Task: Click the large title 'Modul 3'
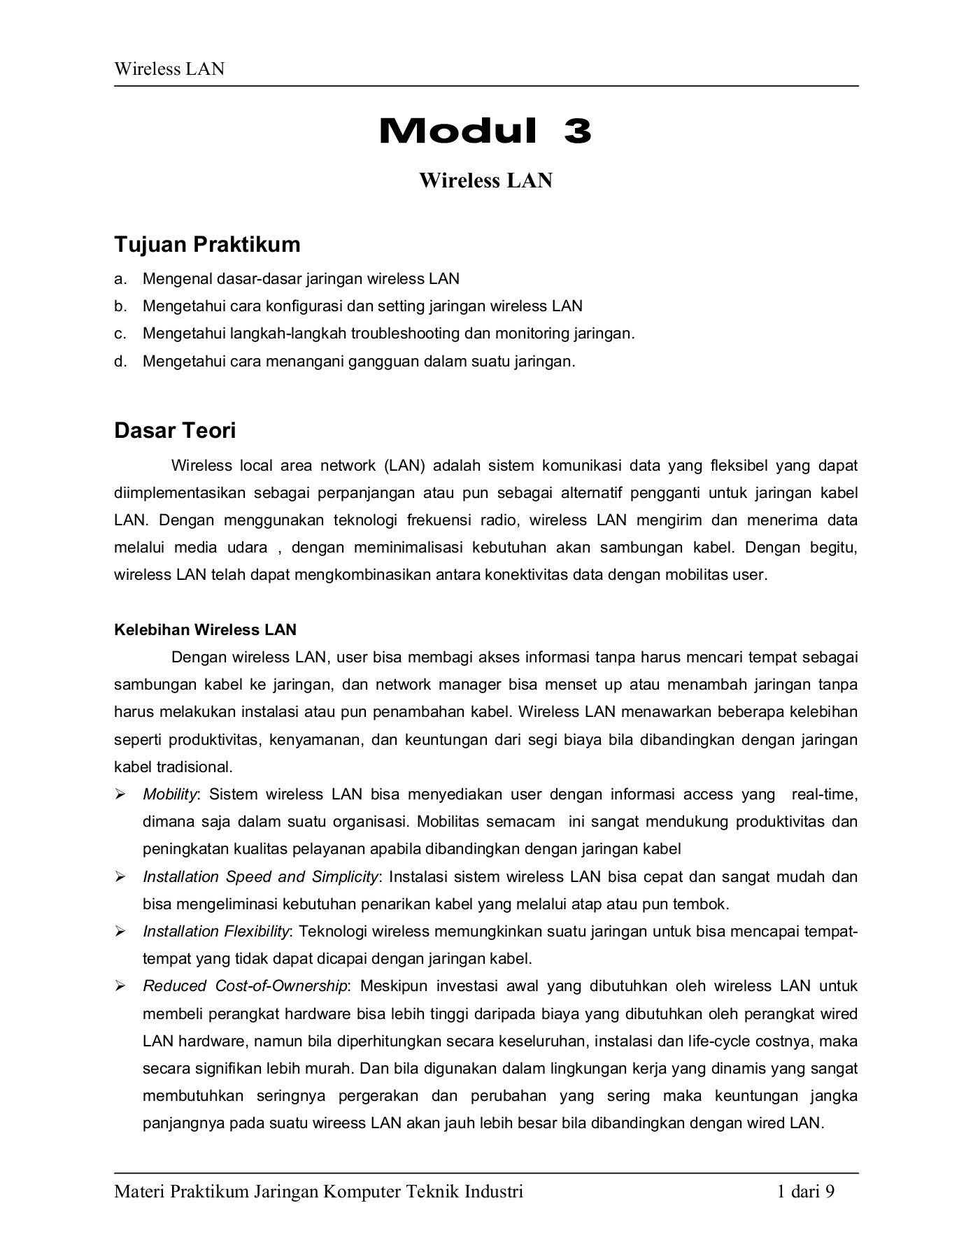click(x=485, y=131)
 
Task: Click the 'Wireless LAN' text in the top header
click(x=169, y=69)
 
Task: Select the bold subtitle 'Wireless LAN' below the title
click(x=485, y=180)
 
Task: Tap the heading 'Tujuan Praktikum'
click(x=207, y=244)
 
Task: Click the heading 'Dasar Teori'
click(x=175, y=430)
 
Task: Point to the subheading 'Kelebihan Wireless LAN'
click(x=205, y=629)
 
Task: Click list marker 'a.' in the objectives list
click(x=120, y=279)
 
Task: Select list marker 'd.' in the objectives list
click(x=120, y=362)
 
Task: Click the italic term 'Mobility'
click(x=170, y=795)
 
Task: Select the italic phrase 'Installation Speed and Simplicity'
click(x=260, y=877)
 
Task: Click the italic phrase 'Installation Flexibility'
click(x=215, y=932)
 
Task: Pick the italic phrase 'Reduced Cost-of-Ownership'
click(x=245, y=986)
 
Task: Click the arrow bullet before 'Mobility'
click(x=120, y=795)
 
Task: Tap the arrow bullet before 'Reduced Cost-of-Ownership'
click(x=120, y=986)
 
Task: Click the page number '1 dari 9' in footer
click(x=806, y=1192)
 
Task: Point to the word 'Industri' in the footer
click(x=494, y=1192)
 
